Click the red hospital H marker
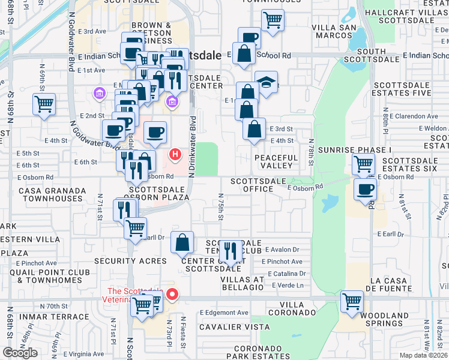(x=175, y=155)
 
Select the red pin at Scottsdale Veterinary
(x=172, y=294)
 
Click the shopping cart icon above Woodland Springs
(x=352, y=302)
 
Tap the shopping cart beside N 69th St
(x=44, y=104)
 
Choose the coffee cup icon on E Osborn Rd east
(x=365, y=190)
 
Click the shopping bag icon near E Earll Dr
(x=182, y=243)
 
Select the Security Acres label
(x=130, y=261)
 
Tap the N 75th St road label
(x=221, y=206)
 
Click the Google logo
(x=20, y=353)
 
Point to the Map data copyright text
(x=423, y=355)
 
